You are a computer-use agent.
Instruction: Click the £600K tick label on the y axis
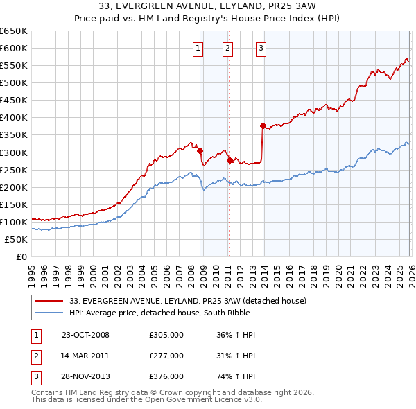click(14, 48)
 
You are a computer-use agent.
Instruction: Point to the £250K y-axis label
click(14, 170)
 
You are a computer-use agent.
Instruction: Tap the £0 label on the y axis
click(21, 256)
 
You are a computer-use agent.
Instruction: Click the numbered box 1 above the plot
click(198, 48)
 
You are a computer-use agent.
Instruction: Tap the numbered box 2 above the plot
click(227, 48)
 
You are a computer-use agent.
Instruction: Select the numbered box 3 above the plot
click(261, 48)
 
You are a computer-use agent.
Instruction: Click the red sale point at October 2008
click(200, 150)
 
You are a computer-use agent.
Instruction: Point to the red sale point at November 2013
click(263, 125)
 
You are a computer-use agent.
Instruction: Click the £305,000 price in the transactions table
click(166, 335)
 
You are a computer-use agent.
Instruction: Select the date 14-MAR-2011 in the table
click(85, 356)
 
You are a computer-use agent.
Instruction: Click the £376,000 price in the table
click(166, 376)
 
